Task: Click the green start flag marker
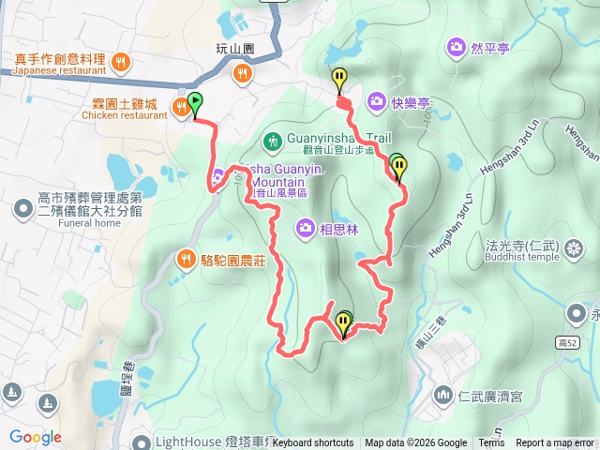[x=195, y=101]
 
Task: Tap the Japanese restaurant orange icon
[x=119, y=63]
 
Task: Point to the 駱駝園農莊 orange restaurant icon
[x=186, y=257]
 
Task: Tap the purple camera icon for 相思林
[x=306, y=227]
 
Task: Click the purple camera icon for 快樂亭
[x=376, y=100]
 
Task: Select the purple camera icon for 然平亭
[x=456, y=45]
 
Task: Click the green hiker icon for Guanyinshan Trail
[x=272, y=142]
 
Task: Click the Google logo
[x=35, y=437]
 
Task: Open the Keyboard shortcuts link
[x=313, y=443]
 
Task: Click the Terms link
[x=491, y=443]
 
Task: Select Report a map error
[x=554, y=443]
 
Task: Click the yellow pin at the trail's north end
[x=339, y=80]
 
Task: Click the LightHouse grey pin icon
[x=142, y=442]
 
